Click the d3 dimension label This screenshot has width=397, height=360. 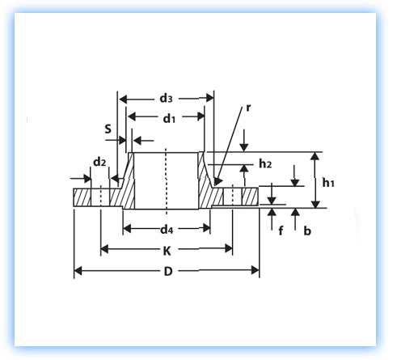[x=166, y=99]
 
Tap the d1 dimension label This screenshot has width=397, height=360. [x=169, y=118]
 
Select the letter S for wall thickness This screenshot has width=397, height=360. [x=108, y=129]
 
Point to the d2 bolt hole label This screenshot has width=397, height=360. [x=99, y=162]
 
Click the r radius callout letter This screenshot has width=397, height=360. [x=248, y=108]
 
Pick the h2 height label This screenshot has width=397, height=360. [x=265, y=163]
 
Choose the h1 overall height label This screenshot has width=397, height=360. [x=328, y=183]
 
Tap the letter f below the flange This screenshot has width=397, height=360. [x=281, y=231]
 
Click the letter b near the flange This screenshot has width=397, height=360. [x=307, y=231]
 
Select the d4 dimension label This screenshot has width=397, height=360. [x=167, y=230]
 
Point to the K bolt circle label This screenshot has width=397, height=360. [x=167, y=251]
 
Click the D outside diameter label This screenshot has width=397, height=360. [x=168, y=271]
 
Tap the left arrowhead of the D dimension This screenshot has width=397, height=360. [x=78, y=271]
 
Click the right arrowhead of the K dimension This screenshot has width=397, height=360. [x=229, y=248]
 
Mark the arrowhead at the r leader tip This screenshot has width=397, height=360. [x=218, y=181]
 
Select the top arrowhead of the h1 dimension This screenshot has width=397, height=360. [x=315, y=157]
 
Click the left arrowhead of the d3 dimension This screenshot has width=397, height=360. [x=124, y=100]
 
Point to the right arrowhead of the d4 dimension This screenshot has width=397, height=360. [x=206, y=228]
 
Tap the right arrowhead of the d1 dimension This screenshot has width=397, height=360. [x=201, y=116]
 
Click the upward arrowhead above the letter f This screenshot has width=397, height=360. [x=272, y=212]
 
